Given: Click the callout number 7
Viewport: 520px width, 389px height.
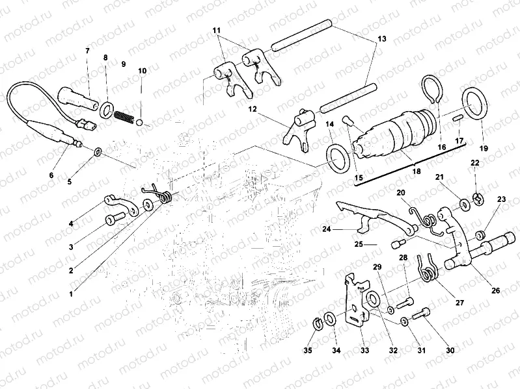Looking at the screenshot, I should tap(87, 51).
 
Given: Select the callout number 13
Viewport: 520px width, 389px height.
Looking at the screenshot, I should tap(382, 40).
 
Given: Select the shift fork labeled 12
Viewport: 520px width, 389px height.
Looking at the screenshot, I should tap(300, 127).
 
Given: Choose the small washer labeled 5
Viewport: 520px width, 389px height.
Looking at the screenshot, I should tap(98, 152).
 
